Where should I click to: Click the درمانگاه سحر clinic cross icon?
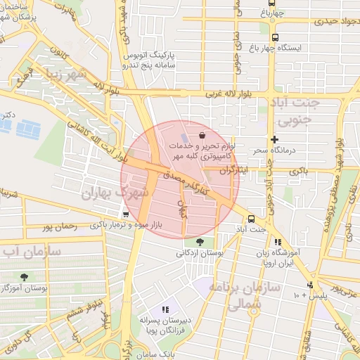click(x=274, y=139)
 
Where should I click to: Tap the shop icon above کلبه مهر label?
click(x=202, y=134)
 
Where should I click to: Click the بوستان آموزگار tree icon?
click(x=25, y=277)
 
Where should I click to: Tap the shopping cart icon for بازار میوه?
click(x=126, y=214)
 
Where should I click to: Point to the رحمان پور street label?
click(x=58, y=226)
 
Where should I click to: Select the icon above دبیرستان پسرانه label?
click(x=166, y=309)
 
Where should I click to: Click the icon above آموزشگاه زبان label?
click(x=278, y=242)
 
